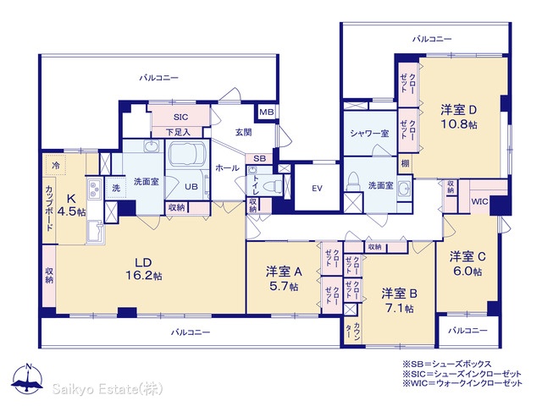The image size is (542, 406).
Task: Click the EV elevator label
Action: coord(317,189)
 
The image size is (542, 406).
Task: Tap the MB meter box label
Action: coord(267,112)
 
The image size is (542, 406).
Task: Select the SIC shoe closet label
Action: coord(180,117)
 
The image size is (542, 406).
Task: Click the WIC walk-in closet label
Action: coord(479,201)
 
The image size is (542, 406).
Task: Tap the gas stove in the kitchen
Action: coord(94,189)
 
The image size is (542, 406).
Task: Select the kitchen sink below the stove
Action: coord(95,231)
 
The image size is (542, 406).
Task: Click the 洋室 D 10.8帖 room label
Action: coord(459,117)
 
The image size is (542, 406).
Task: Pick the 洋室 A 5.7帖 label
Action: coord(284,279)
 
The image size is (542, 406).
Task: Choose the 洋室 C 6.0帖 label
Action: coord(467,264)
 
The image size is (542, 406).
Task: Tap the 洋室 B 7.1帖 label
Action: coord(400,301)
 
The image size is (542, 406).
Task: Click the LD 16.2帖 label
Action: coord(144,269)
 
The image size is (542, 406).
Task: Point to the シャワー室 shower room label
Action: coord(369,134)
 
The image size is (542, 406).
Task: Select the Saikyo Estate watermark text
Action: coord(108,389)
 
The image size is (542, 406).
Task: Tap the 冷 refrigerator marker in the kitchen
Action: coord(56,165)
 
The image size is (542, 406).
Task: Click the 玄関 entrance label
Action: coord(243,132)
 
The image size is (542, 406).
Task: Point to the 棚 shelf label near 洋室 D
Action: coord(405,163)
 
